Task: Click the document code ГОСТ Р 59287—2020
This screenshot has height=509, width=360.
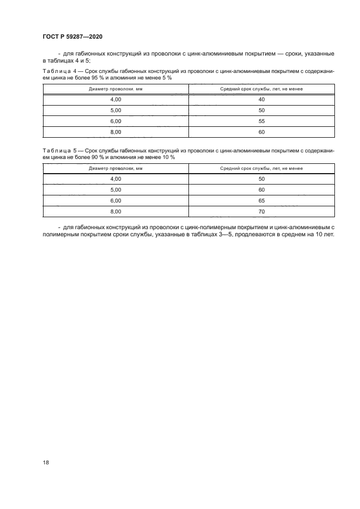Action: [x=72, y=36]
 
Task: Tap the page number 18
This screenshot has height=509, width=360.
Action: [x=46, y=462]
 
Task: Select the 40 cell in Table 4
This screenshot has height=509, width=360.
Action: [x=261, y=99]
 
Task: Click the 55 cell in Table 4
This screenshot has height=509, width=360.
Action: [x=261, y=121]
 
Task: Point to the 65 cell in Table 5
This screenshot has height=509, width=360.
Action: [x=261, y=200]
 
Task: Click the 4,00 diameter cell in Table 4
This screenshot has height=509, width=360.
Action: [x=115, y=99]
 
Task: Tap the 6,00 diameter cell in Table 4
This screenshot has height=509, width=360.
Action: [x=115, y=121]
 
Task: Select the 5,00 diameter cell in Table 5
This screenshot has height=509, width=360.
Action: [x=115, y=189]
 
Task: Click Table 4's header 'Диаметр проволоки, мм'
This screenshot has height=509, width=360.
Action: [x=115, y=88]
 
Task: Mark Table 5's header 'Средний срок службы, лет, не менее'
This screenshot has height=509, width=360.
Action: [x=261, y=168]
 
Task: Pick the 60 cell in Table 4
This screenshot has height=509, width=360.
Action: [x=261, y=131]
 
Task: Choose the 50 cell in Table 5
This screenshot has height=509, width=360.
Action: [x=261, y=179]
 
